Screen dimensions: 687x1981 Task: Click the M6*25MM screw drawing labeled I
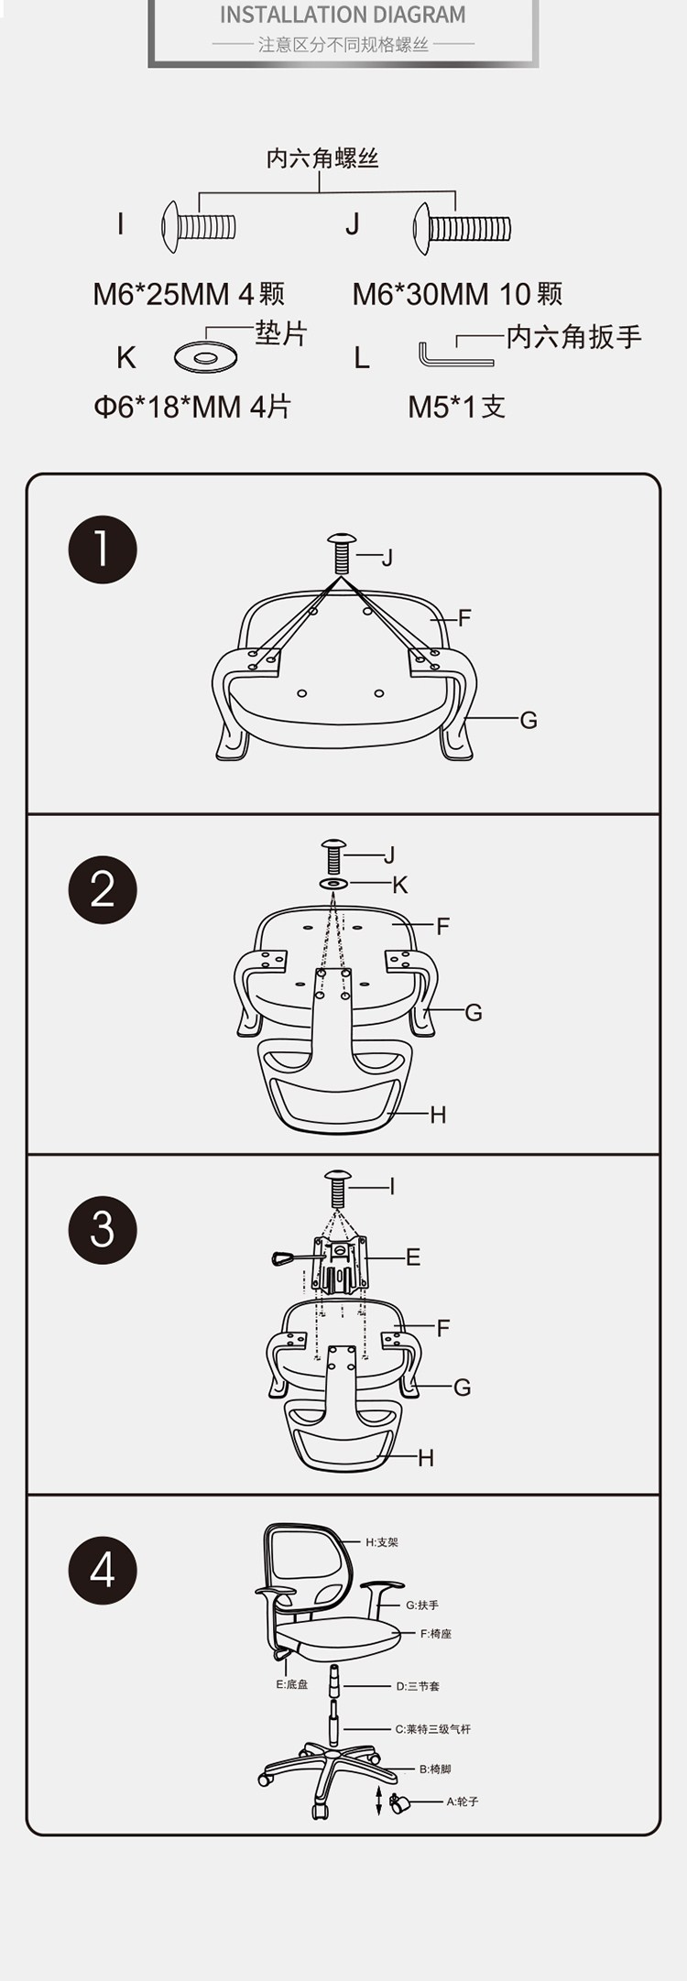pos(199,226)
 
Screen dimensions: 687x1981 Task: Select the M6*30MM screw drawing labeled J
pos(462,228)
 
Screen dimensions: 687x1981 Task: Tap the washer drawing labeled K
pos(206,356)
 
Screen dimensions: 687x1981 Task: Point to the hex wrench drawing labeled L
pos(455,354)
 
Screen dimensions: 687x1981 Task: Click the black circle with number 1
pos(103,550)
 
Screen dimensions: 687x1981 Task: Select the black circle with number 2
pos(103,889)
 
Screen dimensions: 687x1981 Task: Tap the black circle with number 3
pos(103,1230)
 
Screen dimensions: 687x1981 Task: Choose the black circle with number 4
pos(103,1570)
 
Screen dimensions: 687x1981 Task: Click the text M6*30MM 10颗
pos(457,294)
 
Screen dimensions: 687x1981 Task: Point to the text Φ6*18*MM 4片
pos(192,407)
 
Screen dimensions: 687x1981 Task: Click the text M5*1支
pos(456,407)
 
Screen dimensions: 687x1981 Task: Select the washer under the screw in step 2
pos(333,884)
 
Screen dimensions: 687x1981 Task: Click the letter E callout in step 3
pos(413,1257)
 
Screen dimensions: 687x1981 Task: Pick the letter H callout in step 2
pos(438,1115)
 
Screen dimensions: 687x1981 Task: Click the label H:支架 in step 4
pos(382,1542)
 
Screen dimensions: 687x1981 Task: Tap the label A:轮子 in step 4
pos(463,1801)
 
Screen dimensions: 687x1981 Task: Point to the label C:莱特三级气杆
pos(433,1729)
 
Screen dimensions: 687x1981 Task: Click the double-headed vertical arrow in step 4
pos(379,1799)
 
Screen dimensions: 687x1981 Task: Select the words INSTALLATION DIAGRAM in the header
pos(343,15)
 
